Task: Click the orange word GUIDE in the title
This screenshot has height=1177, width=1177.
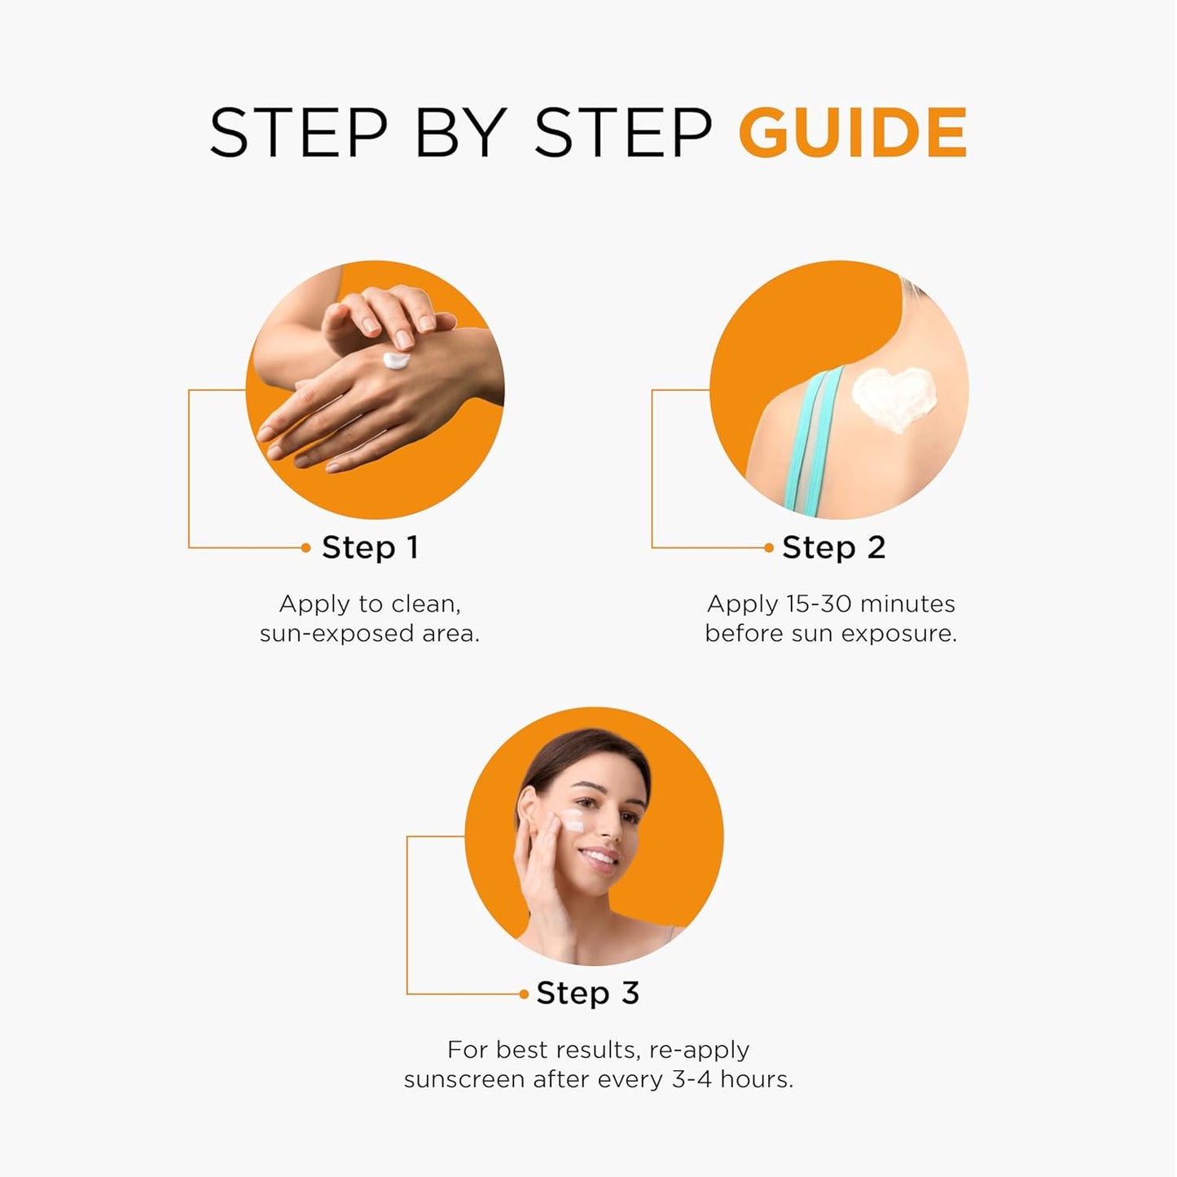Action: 852,132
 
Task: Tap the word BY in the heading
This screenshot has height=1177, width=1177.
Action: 462,132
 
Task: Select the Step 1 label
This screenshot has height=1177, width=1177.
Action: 371,547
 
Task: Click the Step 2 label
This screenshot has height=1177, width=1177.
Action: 833,547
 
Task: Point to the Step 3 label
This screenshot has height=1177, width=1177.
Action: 587,993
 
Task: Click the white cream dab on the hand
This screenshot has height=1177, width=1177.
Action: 397,360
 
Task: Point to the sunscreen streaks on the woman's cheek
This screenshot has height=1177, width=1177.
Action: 573,820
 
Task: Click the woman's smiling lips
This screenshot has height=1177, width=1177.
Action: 600,857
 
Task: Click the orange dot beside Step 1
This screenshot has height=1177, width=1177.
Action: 306,548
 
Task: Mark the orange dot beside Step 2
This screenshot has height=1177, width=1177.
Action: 769,548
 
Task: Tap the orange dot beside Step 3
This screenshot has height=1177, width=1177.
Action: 524,994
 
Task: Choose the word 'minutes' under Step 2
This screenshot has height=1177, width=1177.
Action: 907,604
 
